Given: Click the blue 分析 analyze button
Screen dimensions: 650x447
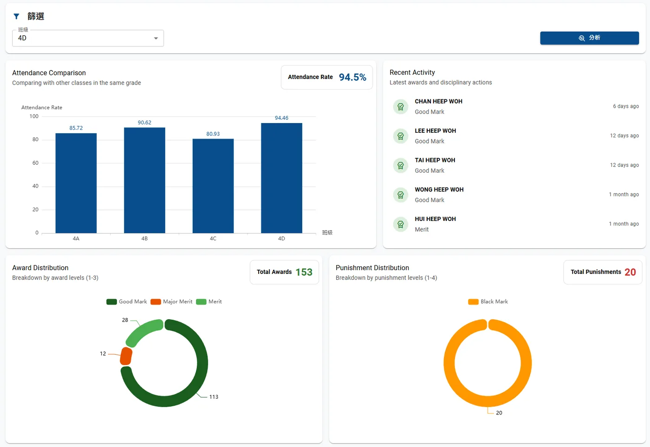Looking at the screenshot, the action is pyautogui.click(x=589, y=38).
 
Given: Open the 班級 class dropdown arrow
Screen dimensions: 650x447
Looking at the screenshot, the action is pyautogui.click(x=156, y=38).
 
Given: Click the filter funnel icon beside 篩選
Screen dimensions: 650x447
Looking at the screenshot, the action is pyautogui.click(x=17, y=17).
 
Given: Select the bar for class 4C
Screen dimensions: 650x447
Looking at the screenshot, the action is pyautogui.click(x=213, y=186).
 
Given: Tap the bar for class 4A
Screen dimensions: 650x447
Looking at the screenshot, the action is pyautogui.click(x=76, y=183).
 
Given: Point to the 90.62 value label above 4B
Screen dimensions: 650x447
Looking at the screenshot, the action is pyautogui.click(x=144, y=123).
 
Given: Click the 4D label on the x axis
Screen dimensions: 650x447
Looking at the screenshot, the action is pyautogui.click(x=281, y=239).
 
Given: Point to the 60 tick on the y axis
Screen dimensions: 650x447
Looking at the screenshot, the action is pyautogui.click(x=35, y=163).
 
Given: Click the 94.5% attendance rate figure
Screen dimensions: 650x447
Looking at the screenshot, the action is pyautogui.click(x=352, y=77).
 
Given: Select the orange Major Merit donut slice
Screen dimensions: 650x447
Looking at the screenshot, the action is pyautogui.click(x=126, y=356).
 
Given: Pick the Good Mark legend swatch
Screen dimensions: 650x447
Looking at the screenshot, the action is pyautogui.click(x=112, y=302).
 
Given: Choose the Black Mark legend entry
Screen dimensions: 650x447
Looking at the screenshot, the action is pyautogui.click(x=488, y=302).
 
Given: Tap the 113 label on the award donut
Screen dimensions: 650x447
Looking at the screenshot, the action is pyautogui.click(x=214, y=397).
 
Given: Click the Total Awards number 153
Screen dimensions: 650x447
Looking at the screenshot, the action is pyautogui.click(x=304, y=272).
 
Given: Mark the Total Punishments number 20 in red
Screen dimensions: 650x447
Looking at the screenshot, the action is pyautogui.click(x=630, y=272).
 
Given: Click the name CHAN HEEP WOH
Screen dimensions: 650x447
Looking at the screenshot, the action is pyautogui.click(x=438, y=101).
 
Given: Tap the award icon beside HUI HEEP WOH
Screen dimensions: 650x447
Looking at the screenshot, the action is pyautogui.click(x=401, y=224).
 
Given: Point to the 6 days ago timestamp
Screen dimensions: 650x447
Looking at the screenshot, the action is pyautogui.click(x=626, y=106).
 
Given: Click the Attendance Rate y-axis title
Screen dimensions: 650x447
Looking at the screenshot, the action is pyautogui.click(x=42, y=107).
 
